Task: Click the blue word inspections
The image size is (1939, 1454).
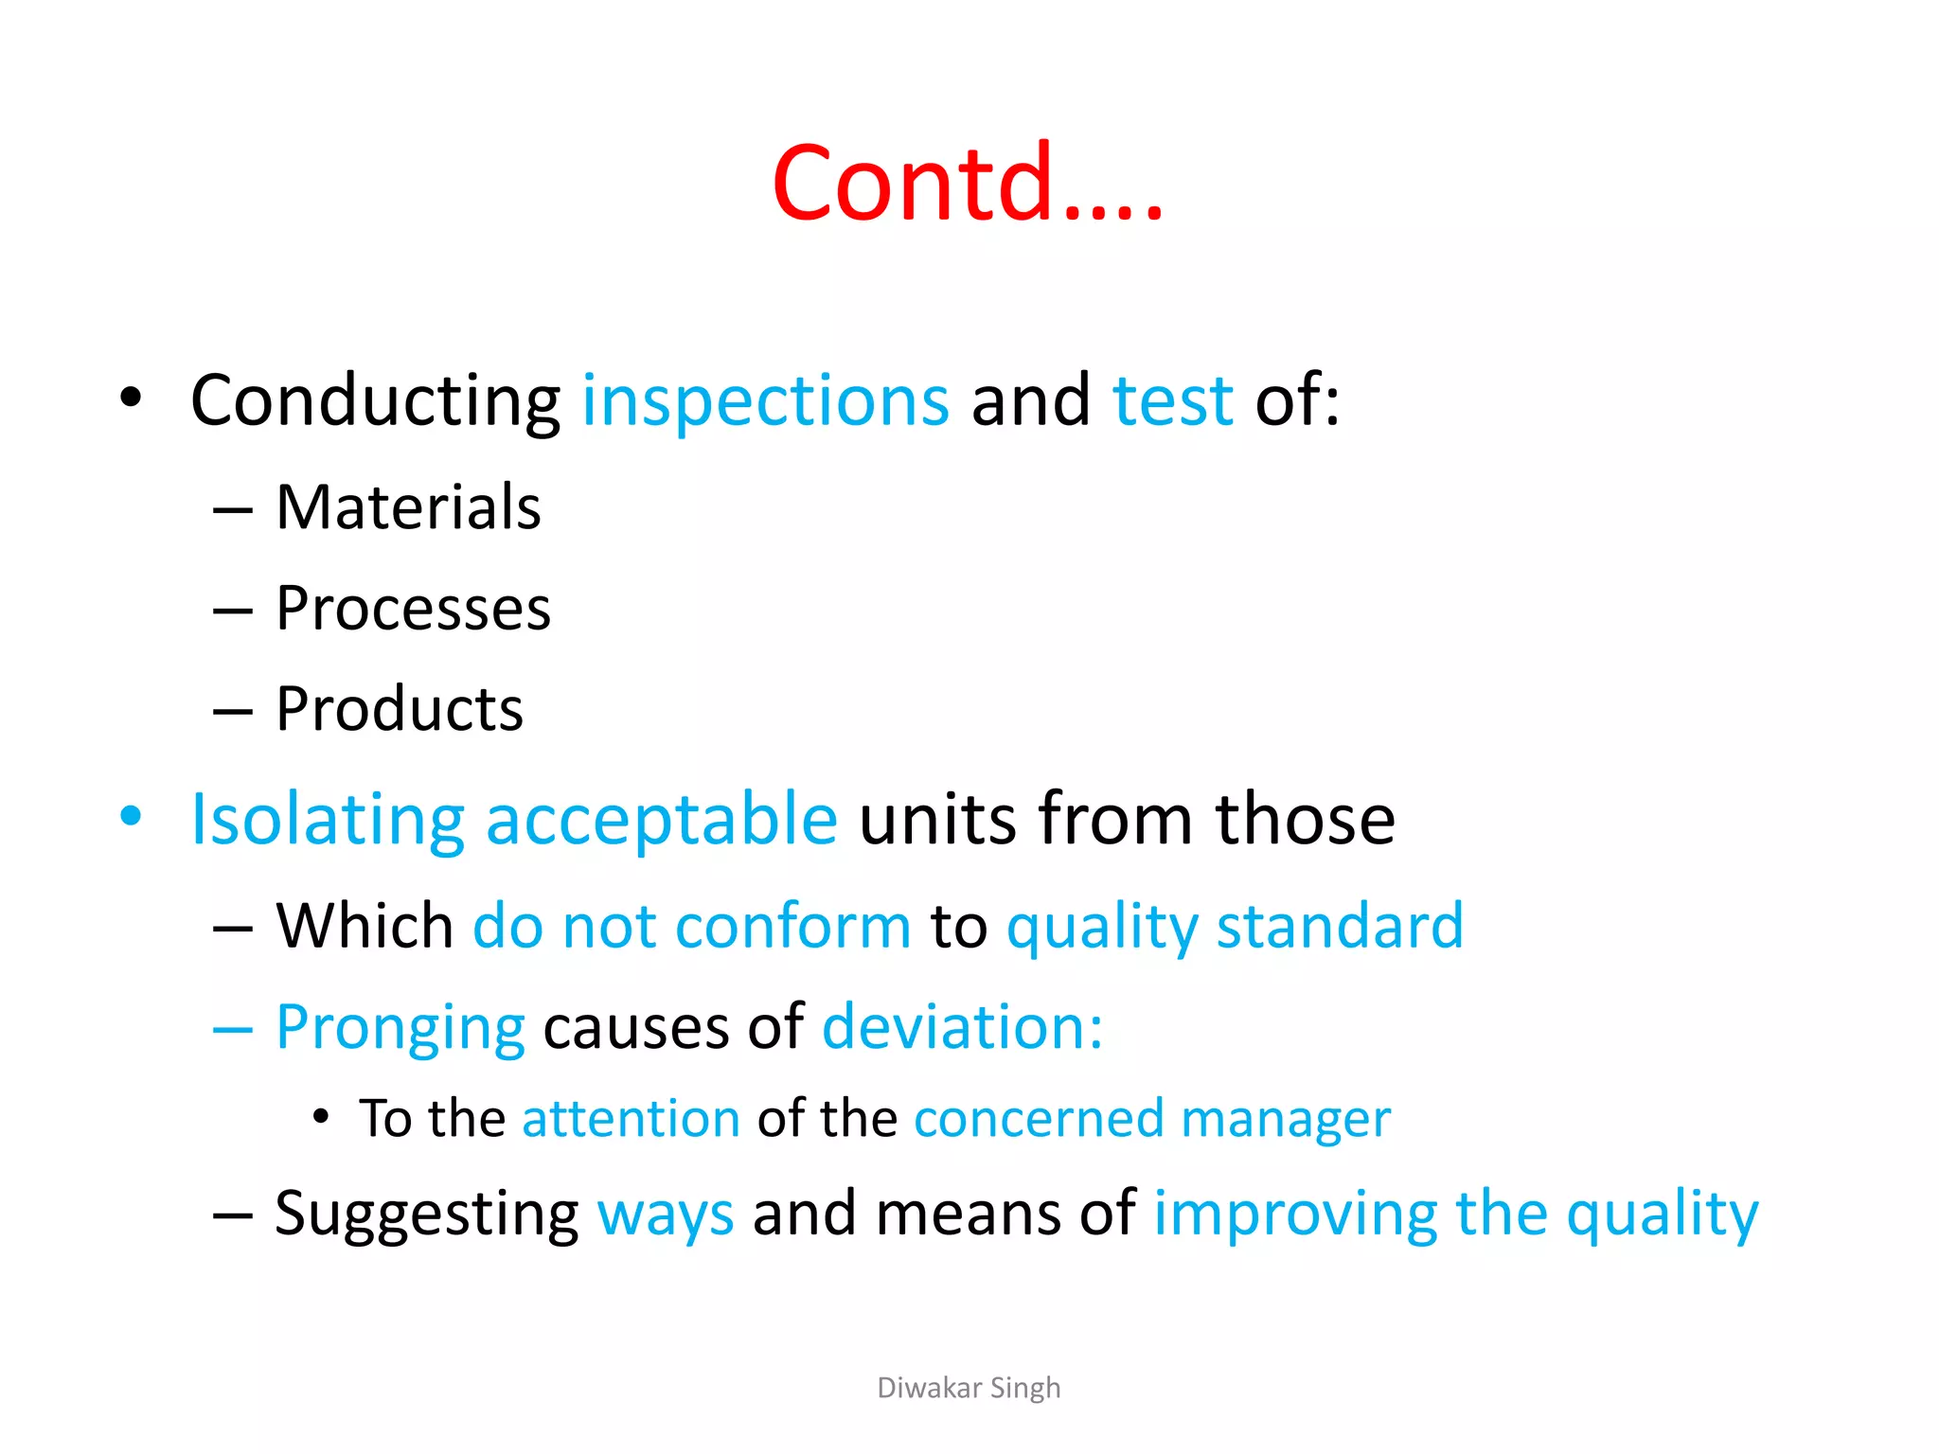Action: click(765, 400)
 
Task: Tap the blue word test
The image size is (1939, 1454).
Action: click(1172, 400)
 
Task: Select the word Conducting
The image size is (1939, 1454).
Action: click(375, 402)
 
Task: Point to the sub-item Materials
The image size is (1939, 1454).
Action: click(408, 507)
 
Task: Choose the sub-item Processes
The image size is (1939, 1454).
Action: click(413, 608)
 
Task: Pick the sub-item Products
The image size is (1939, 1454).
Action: click(400, 709)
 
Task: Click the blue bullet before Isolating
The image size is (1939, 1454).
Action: click(131, 816)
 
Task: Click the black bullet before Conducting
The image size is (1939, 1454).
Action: click(131, 398)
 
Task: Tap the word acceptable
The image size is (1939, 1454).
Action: click(661, 820)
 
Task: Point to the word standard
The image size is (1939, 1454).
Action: click(1339, 926)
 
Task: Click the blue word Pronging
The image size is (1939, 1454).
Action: click(400, 1028)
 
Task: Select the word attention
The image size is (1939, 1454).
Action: click(631, 1119)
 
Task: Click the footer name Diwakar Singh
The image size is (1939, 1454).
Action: click(969, 1388)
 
